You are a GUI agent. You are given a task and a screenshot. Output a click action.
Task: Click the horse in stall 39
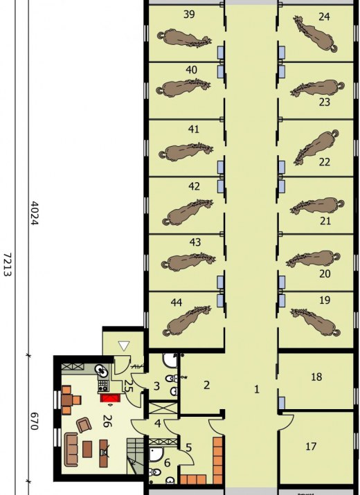point(184,38)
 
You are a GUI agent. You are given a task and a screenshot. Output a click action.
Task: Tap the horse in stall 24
point(315,33)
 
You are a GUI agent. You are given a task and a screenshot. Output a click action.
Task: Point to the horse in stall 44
point(187,321)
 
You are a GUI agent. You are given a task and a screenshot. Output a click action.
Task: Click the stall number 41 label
point(193,129)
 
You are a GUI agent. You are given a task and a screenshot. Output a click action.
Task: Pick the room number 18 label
point(316,377)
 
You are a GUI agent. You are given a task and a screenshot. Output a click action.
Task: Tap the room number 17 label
point(311,447)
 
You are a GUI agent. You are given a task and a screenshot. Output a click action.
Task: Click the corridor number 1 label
point(257,389)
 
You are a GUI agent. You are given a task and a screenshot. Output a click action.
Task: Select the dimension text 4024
point(34,213)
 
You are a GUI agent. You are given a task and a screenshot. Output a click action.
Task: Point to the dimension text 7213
point(8,264)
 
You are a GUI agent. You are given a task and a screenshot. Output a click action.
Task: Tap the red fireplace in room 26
point(110,398)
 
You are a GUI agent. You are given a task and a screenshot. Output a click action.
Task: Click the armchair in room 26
point(84,425)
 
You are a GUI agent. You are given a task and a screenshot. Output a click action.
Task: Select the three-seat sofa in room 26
point(71,449)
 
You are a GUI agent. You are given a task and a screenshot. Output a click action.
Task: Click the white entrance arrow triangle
point(123,346)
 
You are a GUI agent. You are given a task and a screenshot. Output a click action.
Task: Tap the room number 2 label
point(206,385)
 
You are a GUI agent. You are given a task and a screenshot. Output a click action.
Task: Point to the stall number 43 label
point(195,242)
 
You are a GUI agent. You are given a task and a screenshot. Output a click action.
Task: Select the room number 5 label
point(188,448)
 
